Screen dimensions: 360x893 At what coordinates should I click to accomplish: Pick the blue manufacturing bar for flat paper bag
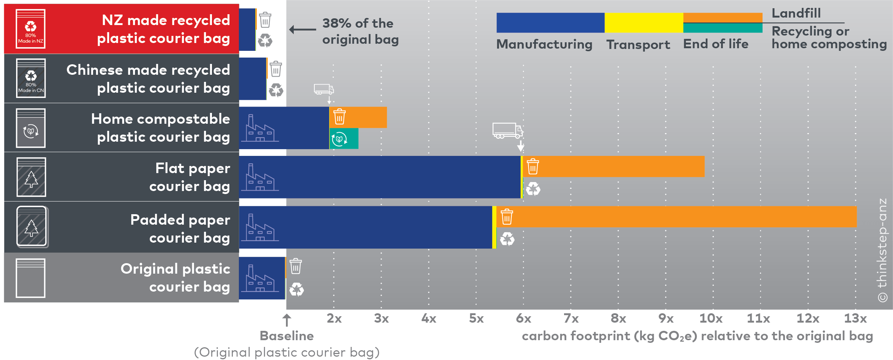tap(392, 177)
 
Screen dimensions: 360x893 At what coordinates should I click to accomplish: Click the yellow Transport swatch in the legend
tap(644, 23)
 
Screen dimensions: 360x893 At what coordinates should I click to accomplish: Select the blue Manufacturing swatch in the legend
tap(550, 23)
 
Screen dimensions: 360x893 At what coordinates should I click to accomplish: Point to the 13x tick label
tap(855, 319)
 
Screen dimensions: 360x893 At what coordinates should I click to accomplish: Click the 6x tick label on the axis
tap(523, 319)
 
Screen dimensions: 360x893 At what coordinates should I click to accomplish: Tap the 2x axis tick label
tap(334, 319)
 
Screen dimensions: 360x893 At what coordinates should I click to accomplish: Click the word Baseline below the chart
tap(287, 336)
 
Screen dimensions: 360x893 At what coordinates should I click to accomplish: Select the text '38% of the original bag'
tap(360, 31)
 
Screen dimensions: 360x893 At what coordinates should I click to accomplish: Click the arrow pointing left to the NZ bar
tap(302, 30)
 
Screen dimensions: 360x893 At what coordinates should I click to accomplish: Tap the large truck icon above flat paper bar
tap(507, 131)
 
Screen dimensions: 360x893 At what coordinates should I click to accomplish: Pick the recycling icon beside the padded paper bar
tap(507, 239)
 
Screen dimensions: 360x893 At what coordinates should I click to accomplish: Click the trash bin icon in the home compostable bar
tap(339, 117)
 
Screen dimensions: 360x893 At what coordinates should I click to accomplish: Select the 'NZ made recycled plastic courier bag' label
tap(163, 29)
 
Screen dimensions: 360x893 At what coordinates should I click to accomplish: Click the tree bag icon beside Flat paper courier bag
tap(31, 177)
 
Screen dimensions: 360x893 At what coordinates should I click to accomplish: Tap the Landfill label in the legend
tap(796, 13)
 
